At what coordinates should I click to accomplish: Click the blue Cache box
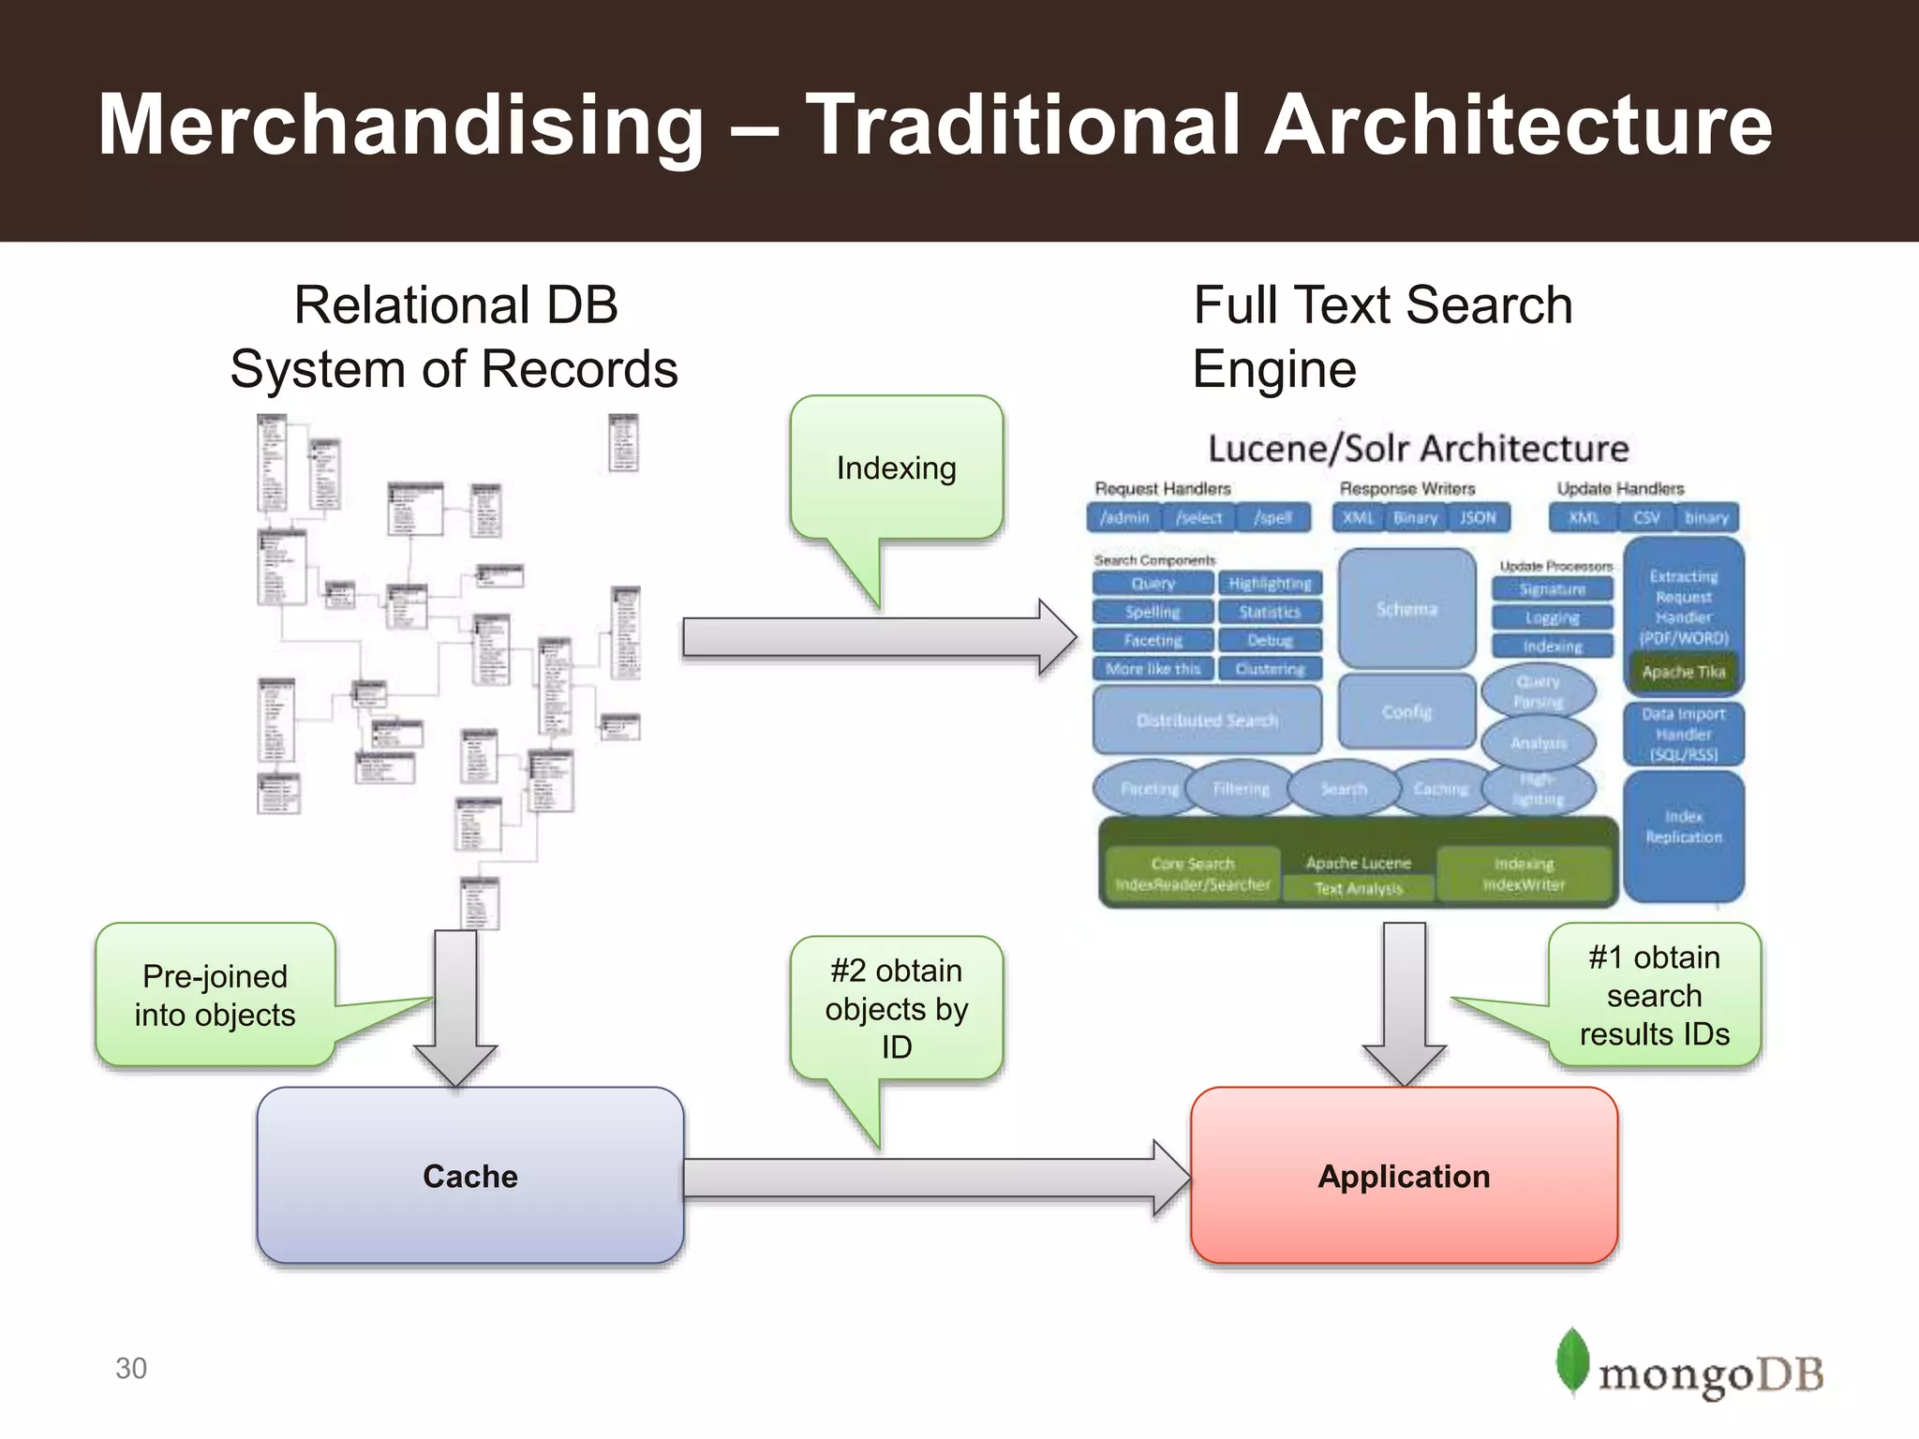(x=469, y=1176)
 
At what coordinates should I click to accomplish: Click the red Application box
(x=1404, y=1176)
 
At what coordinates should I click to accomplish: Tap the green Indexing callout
(x=896, y=467)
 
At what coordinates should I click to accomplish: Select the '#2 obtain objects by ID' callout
(x=896, y=1008)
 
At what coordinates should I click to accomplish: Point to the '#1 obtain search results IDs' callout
(x=1654, y=995)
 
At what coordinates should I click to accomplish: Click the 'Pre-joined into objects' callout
(x=215, y=995)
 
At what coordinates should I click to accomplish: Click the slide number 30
(x=131, y=1368)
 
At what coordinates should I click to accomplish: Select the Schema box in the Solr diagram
(x=1406, y=609)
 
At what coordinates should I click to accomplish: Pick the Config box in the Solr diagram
(x=1406, y=712)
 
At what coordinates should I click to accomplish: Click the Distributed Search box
(x=1207, y=719)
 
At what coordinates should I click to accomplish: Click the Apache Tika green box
(x=1683, y=672)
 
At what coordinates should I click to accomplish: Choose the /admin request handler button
(x=1124, y=517)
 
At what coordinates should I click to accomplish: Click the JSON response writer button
(x=1478, y=517)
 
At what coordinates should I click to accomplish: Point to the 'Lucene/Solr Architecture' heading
(x=1418, y=449)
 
